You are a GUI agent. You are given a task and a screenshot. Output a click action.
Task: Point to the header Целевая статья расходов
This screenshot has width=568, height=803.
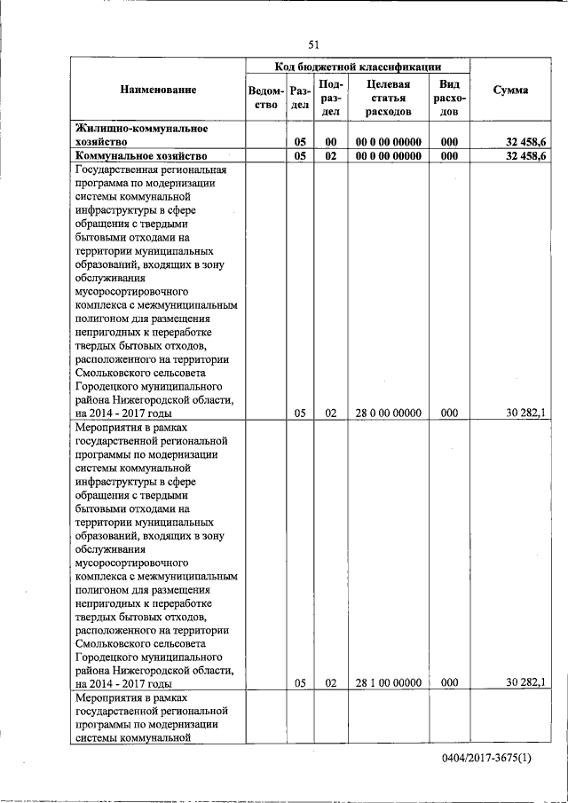(387, 97)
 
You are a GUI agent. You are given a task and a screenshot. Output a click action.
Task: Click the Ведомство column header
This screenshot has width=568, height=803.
(266, 97)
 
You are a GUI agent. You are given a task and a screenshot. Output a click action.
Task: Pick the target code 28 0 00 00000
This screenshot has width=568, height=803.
(388, 413)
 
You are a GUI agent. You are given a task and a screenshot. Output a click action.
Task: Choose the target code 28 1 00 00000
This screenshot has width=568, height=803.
(388, 682)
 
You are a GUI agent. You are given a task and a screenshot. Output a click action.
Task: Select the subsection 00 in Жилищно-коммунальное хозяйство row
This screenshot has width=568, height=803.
(330, 141)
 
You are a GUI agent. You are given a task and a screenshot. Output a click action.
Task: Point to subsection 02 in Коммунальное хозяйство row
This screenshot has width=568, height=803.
(330, 155)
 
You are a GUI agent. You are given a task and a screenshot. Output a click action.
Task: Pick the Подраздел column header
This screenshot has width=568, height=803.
(330, 97)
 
